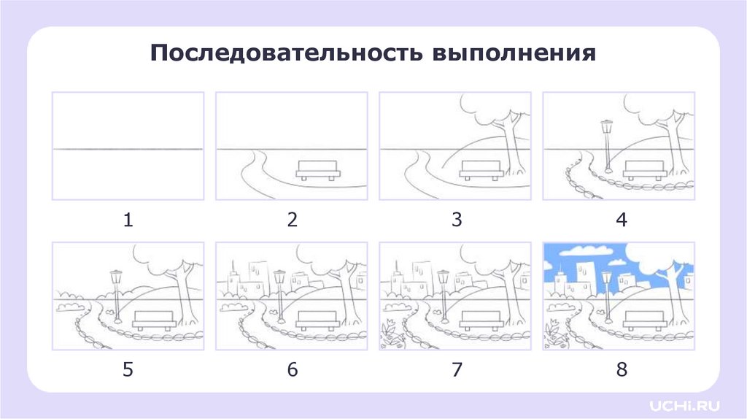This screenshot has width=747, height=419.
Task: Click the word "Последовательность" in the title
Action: (x=286, y=53)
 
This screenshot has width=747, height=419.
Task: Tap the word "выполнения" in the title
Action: (x=514, y=53)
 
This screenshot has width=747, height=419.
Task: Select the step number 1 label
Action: (x=128, y=220)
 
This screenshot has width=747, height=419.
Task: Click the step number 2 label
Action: (x=292, y=220)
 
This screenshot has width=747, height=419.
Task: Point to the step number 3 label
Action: (x=457, y=220)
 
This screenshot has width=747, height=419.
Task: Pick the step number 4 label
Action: (x=622, y=220)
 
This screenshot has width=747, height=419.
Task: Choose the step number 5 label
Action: (x=128, y=369)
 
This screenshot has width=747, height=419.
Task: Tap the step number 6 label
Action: (x=292, y=369)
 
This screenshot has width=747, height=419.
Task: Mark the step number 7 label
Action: (x=457, y=369)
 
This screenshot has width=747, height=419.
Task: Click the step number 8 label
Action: (x=622, y=369)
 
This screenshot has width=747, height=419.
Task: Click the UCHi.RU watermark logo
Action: (x=684, y=406)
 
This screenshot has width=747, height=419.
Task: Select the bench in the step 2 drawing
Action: (x=318, y=170)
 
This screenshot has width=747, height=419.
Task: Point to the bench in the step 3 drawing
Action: (x=481, y=170)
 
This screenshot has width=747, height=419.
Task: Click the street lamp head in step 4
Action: (x=606, y=127)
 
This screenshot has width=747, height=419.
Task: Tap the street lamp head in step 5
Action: (x=116, y=277)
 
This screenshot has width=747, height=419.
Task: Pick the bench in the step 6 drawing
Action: (x=318, y=320)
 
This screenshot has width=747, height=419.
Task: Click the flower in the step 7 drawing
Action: (x=390, y=328)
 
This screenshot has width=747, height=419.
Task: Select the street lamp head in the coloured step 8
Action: (x=606, y=277)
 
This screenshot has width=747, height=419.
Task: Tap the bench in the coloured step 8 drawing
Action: (x=645, y=320)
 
